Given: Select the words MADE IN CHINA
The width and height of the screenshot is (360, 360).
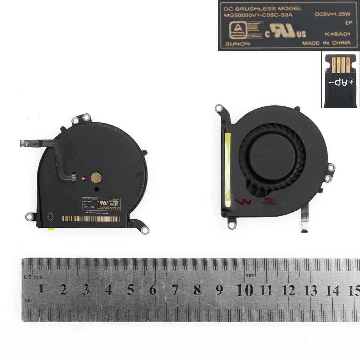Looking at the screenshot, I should (x=326, y=43).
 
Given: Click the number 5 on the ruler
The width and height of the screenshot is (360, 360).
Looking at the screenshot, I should (x=130, y=290).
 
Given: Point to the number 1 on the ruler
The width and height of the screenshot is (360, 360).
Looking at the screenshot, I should (x=41, y=290).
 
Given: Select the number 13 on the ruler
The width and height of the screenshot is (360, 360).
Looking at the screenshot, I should (x=310, y=290).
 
